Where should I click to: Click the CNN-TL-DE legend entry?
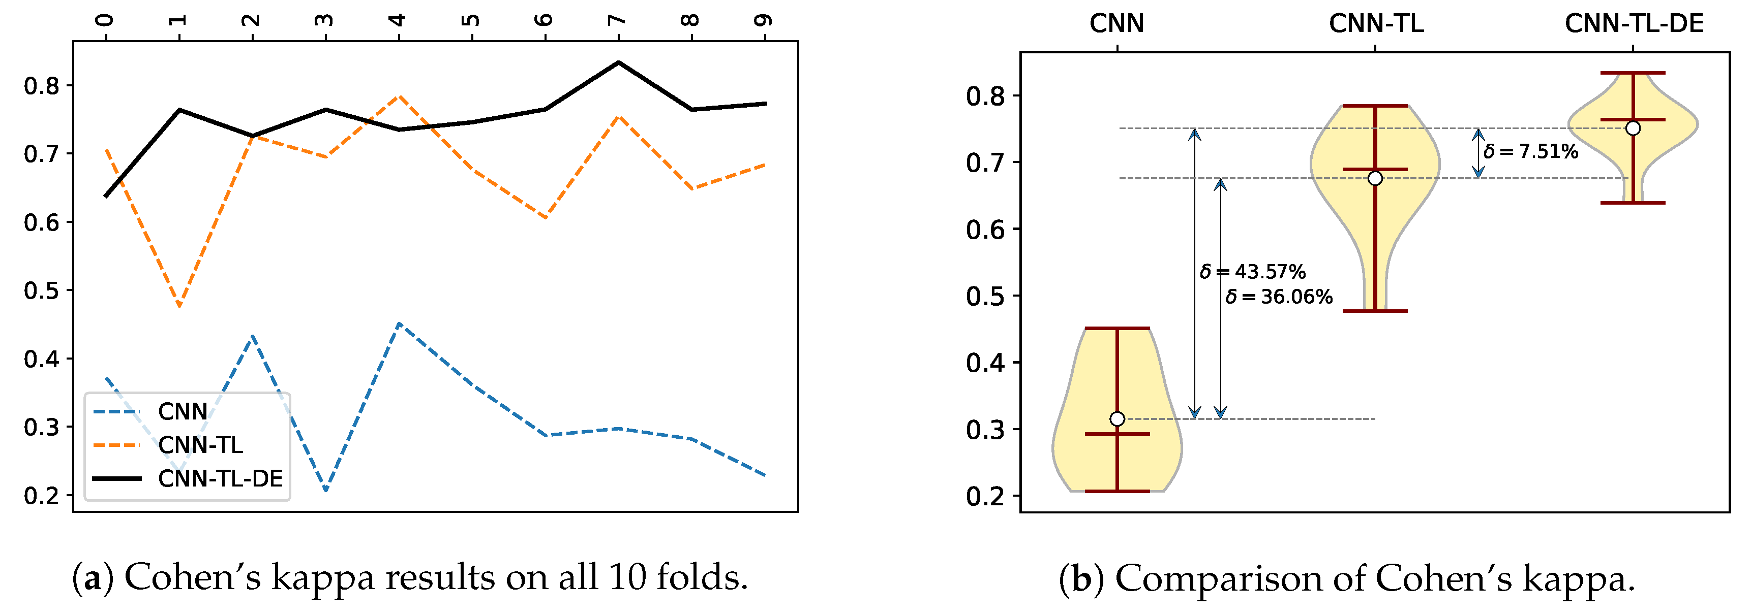220,479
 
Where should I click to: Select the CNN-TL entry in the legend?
200,445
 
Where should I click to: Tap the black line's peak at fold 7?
618,62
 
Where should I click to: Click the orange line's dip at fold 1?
179,306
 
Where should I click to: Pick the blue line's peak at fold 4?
399,324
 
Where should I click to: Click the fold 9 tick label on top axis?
764,20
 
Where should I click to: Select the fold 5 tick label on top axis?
471,20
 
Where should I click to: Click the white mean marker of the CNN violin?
1117,419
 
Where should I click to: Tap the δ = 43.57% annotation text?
1253,272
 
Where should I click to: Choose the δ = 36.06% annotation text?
1279,297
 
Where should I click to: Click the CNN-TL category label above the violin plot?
1376,24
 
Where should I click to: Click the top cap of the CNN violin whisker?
1117,329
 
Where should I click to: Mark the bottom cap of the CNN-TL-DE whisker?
1633,203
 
